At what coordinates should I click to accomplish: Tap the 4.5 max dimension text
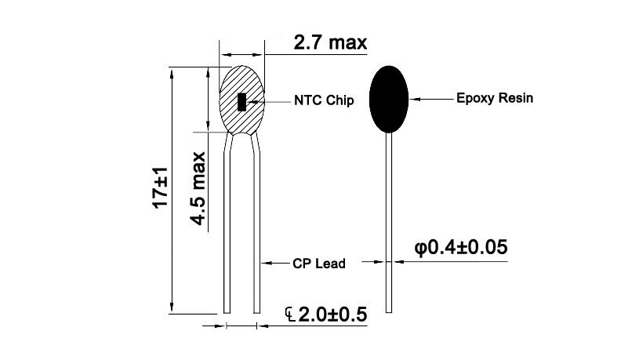click(x=198, y=189)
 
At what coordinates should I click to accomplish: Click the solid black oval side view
click(x=389, y=99)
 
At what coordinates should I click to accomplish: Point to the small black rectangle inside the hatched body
click(x=242, y=102)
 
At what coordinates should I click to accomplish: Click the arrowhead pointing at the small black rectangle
click(x=253, y=101)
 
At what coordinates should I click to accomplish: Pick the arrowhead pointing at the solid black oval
click(x=416, y=100)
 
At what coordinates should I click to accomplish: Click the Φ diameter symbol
click(x=420, y=249)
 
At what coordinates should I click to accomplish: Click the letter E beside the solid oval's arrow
click(x=460, y=100)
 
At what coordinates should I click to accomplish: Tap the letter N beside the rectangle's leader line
click(x=299, y=101)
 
